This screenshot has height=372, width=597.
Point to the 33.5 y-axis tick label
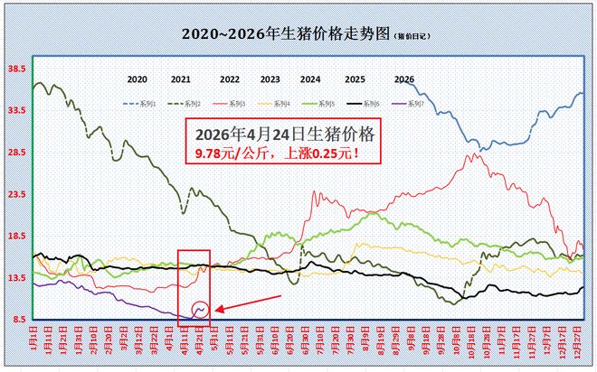click(15, 110)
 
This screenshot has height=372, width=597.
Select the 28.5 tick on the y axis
click(15, 152)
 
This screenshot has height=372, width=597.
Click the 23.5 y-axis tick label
click(15, 194)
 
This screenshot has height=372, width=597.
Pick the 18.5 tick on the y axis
click(15, 236)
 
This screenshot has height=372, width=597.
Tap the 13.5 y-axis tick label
click(15, 278)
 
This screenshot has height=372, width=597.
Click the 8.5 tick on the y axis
click(17, 320)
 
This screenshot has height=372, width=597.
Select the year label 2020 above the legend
click(137, 79)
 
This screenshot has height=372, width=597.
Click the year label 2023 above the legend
click(270, 79)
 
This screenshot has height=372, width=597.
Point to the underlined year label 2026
click(404, 79)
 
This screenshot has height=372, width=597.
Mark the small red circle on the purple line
click(201, 310)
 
